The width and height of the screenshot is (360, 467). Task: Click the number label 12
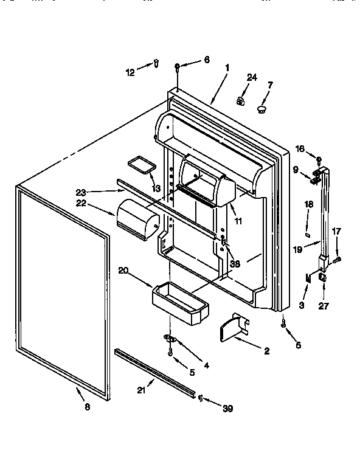[130, 72]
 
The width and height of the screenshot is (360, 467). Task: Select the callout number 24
[252, 77]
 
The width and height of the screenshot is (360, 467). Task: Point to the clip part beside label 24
[240, 100]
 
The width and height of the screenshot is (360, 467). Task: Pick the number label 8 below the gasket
[87, 407]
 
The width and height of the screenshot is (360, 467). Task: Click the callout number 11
[238, 221]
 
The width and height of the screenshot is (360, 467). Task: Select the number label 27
[323, 306]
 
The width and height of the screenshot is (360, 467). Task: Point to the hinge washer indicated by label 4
[170, 337]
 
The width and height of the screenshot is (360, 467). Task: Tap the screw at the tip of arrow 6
[176, 66]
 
